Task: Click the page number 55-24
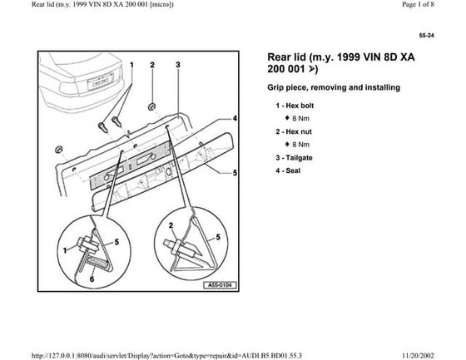[426, 36]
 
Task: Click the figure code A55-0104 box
[220, 285]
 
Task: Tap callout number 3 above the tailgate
[178, 65]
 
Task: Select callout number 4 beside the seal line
[235, 118]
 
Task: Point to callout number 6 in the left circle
[92, 279]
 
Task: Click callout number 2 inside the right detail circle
[171, 226]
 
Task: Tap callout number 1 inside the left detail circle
[65, 251]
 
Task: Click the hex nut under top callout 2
[152, 106]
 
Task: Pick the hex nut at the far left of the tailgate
[58, 150]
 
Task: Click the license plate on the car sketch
[101, 81]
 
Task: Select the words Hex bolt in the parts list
[300, 106]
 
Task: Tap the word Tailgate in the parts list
[299, 158]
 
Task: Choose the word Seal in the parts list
[293, 170]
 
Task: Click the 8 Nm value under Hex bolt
[300, 119]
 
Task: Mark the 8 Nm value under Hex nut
[300, 145]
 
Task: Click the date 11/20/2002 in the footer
[418, 356]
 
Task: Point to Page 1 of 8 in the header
[418, 4]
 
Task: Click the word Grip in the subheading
[275, 87]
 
